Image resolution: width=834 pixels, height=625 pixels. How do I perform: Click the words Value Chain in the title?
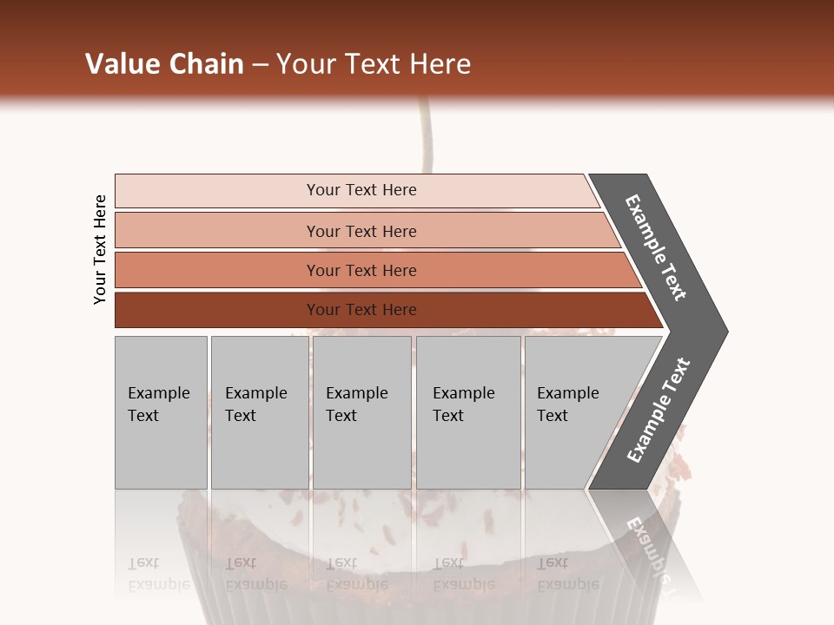coord(164,64)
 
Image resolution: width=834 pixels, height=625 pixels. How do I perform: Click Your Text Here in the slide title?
coord(374,64)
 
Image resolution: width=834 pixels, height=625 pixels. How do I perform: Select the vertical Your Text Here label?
coord(101,250)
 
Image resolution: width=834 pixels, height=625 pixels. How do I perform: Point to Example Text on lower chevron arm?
coord(659,411)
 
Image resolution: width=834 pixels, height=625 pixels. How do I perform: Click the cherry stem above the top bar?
coord(425,139)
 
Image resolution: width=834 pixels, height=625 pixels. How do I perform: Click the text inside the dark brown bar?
coord(361,310)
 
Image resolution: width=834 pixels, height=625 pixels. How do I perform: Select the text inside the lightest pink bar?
coord(361,190)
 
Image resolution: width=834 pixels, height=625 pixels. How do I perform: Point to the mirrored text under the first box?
coord(158,574)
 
